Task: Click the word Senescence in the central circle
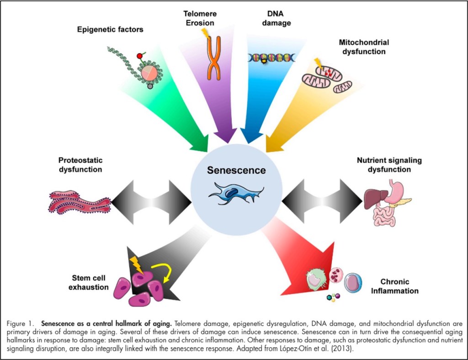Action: (236, 170)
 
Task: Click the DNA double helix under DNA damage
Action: (272, 58)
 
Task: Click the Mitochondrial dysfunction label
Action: (364, 47)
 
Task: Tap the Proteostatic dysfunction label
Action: (80, 165)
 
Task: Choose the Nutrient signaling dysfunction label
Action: (389, 165)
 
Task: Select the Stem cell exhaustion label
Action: (90, 282)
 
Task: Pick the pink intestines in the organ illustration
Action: (384, 216)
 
